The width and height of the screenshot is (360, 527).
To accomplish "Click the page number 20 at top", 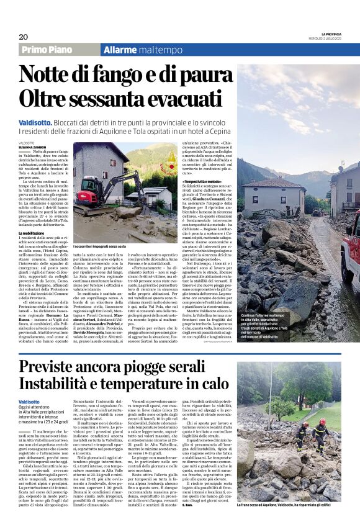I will coord(24,37).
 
